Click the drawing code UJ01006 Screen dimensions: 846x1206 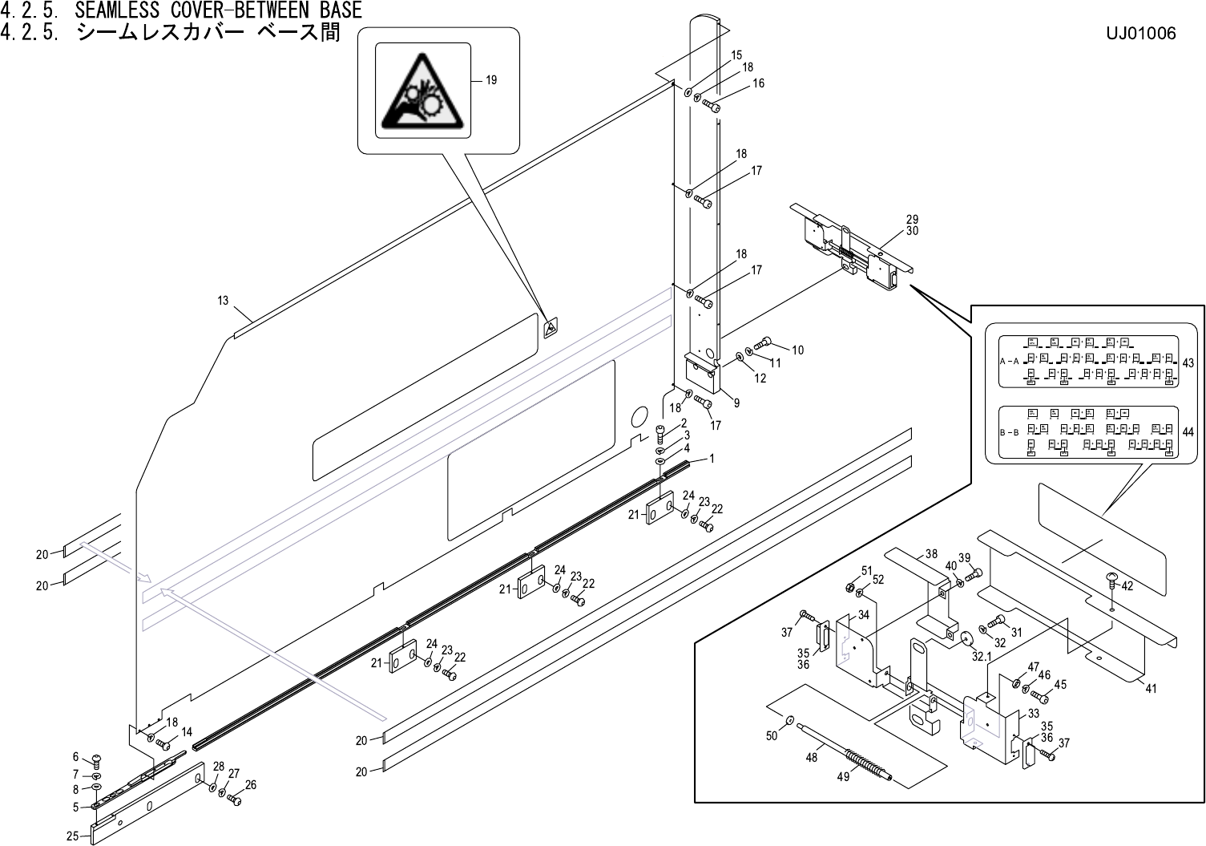click(x=1140, y=34)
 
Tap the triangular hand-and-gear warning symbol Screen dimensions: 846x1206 click(x=418, y=91)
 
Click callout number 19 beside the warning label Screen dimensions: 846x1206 click(x=491, y=80)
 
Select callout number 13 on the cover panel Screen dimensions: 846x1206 click(x=223, y=301)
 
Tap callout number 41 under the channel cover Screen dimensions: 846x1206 click(x=1151, y=688)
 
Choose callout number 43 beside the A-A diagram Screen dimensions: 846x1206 click(x=1188, y=363)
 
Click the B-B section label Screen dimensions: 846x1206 click(x=1010, y=432)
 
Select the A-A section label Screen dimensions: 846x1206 click(x=1010, y=362)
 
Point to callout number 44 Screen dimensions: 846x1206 click(x=1188, y=432)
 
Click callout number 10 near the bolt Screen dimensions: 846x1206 click(x=797, y=350)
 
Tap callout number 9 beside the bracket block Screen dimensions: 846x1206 click(x=736, y=402)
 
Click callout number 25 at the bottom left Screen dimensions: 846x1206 click(x=72, y=836)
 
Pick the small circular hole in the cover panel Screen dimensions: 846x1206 click(x=639, y=417)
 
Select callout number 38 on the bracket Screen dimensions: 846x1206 click(x=930, y=553)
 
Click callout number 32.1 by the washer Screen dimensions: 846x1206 click(x=981, y=655)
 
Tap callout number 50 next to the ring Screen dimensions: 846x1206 click(x=772, y=736)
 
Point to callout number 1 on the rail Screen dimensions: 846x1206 click(x=711, y=459)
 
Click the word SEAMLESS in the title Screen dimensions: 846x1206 click(x=119, y=10)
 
